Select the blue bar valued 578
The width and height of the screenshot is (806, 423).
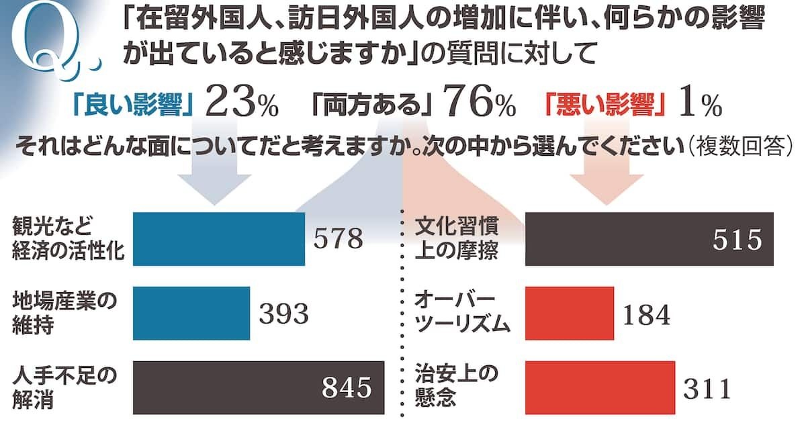tap(220, 238)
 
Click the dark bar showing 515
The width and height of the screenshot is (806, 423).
tap(649, 238)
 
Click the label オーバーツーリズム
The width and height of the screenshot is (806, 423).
tap(464, 312)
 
